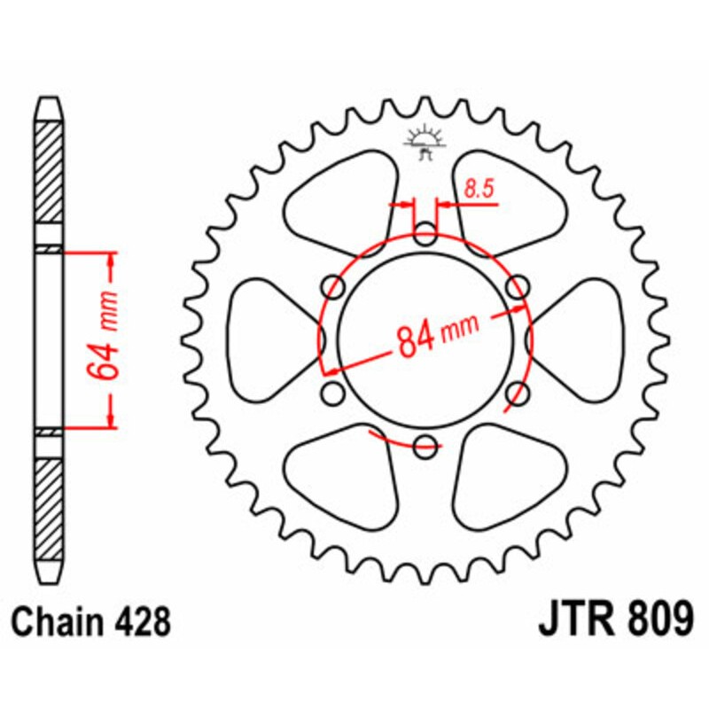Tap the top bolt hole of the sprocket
coord(426,237)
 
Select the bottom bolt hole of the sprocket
coord(426,446)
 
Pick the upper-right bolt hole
coord(518,286)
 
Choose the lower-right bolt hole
coord(518,393)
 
